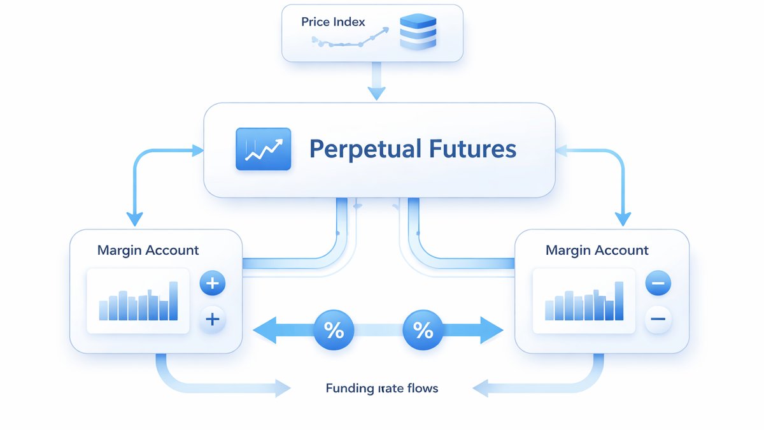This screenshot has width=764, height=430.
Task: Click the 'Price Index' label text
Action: (333, 22)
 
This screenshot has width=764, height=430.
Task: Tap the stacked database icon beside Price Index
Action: (418, 32)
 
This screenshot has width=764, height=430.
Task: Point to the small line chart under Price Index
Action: (350, 38)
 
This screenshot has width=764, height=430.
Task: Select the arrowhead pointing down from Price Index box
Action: (376, 93)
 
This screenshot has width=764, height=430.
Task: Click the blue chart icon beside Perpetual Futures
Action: (264, 149)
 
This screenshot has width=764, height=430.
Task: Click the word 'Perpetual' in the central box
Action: (365, 149)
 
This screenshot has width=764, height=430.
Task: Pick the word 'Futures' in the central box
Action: (472, 148)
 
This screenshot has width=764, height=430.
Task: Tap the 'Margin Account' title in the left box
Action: (148, 250)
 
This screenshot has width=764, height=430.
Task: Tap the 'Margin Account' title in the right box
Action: (597, 250)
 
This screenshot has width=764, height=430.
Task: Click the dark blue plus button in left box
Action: (212, 283)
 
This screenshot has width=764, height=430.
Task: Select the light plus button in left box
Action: (212, 319)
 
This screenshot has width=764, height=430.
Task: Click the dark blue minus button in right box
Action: (658, 283)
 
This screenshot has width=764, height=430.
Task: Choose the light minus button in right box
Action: (658, 319)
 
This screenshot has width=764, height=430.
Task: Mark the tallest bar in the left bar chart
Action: (173, 301)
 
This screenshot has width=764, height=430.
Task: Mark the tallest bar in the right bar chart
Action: (619, 301)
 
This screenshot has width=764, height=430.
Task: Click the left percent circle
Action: (334, 330)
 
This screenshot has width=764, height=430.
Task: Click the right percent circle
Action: (423, 330)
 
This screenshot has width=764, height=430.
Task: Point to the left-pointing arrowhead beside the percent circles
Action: (265, 330)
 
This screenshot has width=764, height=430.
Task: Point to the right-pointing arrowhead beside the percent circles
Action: (492, 330)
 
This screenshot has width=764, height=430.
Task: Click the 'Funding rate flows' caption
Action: (381, 389)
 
